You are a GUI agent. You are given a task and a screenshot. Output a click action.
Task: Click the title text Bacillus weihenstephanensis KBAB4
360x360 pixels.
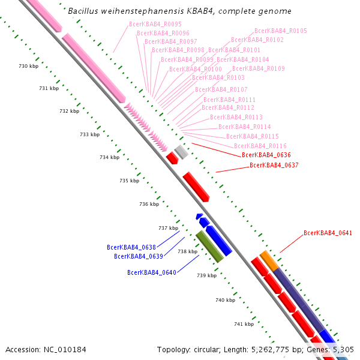179,11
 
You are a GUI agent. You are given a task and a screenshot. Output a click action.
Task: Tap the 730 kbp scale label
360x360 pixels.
28,65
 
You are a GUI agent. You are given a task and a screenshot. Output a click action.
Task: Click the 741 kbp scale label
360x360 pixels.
244,324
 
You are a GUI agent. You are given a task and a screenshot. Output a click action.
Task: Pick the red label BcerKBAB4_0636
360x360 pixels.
266,155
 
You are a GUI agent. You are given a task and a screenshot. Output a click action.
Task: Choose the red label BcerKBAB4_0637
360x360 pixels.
274,165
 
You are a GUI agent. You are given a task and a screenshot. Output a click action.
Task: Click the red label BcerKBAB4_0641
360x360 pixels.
328,233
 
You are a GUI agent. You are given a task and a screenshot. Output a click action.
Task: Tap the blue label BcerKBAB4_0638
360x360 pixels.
131,247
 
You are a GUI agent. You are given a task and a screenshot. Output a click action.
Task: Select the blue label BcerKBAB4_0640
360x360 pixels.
152,272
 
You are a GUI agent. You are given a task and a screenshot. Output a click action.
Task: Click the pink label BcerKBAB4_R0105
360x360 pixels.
281,31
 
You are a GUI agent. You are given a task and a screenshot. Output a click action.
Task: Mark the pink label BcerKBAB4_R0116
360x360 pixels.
260,146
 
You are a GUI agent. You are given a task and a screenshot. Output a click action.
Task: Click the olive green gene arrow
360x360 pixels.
210,247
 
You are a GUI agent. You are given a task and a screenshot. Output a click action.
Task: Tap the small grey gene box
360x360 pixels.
181,151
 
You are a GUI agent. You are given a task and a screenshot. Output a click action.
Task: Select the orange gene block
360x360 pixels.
269,261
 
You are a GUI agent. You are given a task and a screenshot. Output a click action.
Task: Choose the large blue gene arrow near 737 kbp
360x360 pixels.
218,239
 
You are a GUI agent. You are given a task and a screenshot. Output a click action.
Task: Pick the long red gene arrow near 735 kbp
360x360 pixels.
196,187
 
